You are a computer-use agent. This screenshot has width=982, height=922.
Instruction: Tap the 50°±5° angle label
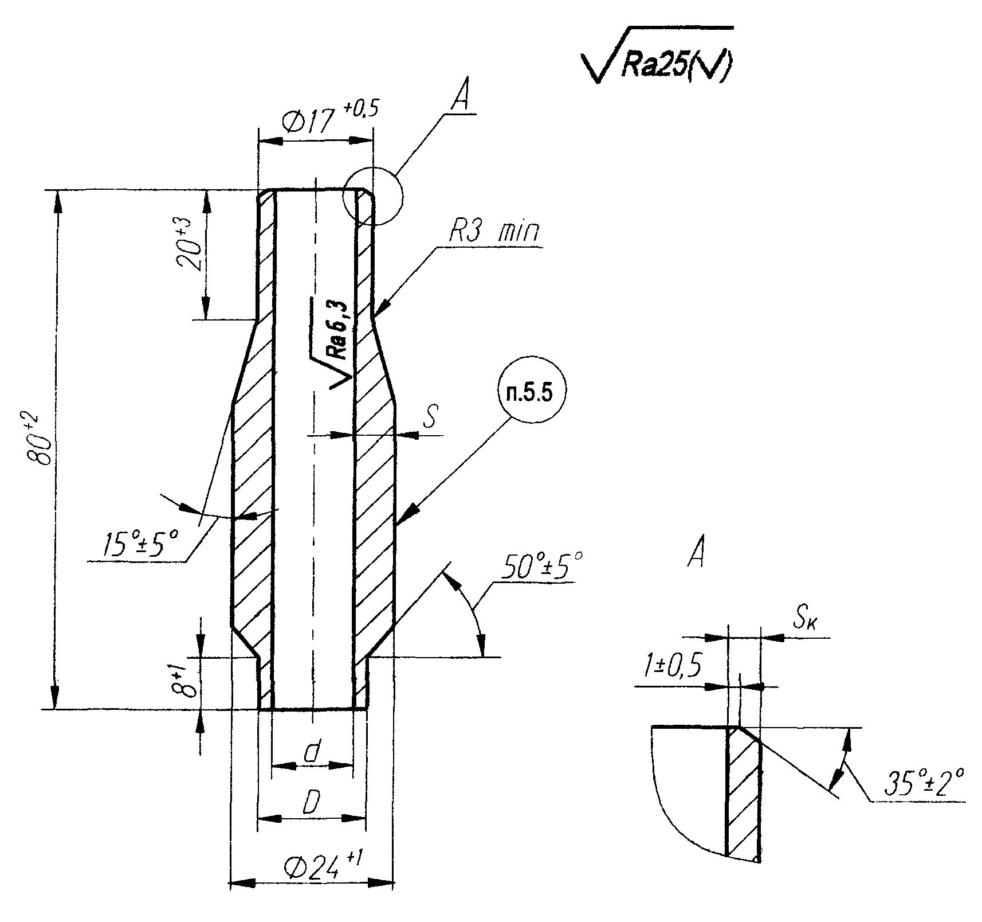[x=541, y=565]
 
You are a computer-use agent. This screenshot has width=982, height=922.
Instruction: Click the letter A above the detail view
[x=697, y=553]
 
